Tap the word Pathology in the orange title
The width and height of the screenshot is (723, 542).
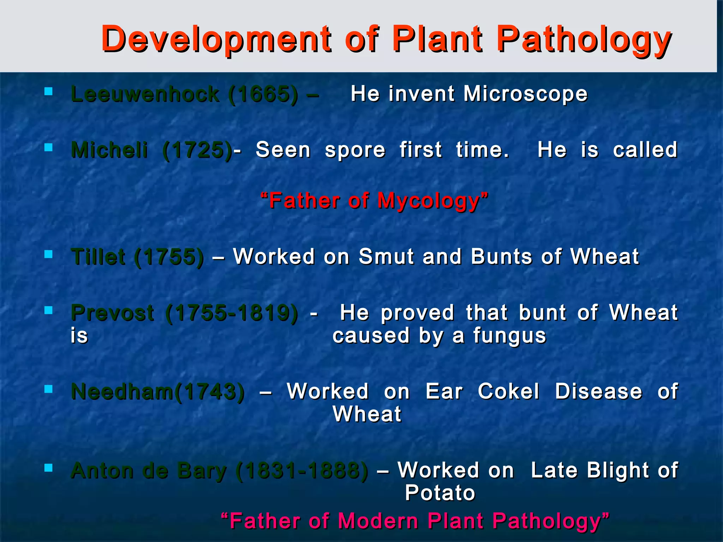tap(584, 40)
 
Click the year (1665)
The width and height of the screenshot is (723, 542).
tap(263, 95)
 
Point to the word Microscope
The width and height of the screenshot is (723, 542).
tap(525, 95)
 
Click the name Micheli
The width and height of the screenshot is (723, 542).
tap(109, 150)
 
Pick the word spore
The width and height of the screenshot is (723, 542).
tap(355, 150)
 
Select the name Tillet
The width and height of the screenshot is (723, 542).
tap(98, 257)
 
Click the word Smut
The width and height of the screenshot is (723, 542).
tap(386, 257)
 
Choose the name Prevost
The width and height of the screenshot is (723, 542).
tap(112, 313)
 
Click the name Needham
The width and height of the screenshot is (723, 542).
tap(122, 392)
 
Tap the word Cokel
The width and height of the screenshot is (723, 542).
tap(508, 392)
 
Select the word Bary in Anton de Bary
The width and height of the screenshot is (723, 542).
tap(202, 471)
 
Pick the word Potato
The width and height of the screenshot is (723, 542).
tap(440, 493)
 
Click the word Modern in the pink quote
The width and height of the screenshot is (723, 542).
tap(377, 521)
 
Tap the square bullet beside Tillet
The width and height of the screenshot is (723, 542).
tap(49, 254)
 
